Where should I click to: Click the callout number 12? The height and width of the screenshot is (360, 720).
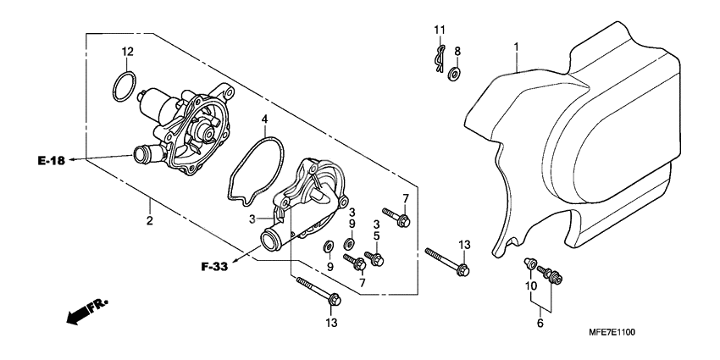127,53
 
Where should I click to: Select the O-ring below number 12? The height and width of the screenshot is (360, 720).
124,86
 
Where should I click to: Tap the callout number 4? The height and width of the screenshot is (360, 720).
265,120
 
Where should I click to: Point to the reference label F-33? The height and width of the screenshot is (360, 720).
215,268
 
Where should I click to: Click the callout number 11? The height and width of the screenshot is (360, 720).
439,30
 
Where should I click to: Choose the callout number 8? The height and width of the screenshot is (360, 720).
457,51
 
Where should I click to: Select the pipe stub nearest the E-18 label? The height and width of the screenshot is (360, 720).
137,155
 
